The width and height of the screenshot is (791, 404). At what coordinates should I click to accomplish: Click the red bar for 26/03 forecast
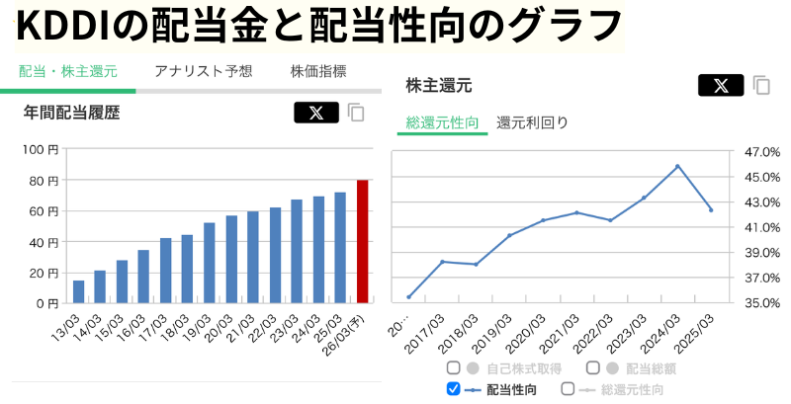pos(362,241)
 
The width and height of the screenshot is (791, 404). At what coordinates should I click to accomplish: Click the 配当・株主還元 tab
pos(68,71)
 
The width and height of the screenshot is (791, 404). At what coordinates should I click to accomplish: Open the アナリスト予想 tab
pos(204,71)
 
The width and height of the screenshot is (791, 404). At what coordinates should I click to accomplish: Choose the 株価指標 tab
pos(318,71)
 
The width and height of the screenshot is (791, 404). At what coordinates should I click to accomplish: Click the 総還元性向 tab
pos(443,123)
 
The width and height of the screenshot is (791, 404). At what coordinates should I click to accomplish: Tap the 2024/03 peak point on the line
pos(677,166)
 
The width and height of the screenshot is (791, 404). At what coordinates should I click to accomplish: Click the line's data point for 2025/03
pos(711,209)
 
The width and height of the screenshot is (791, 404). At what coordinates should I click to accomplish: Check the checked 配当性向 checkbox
pos(454,389)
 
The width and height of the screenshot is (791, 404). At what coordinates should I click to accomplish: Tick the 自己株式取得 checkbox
pos(454,368)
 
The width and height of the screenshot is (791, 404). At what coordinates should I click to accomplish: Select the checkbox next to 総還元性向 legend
pos(568,389)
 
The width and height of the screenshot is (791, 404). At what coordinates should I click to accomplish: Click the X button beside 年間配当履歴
pos(315,113)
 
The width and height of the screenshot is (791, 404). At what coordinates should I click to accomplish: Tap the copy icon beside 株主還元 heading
pos(761,86)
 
